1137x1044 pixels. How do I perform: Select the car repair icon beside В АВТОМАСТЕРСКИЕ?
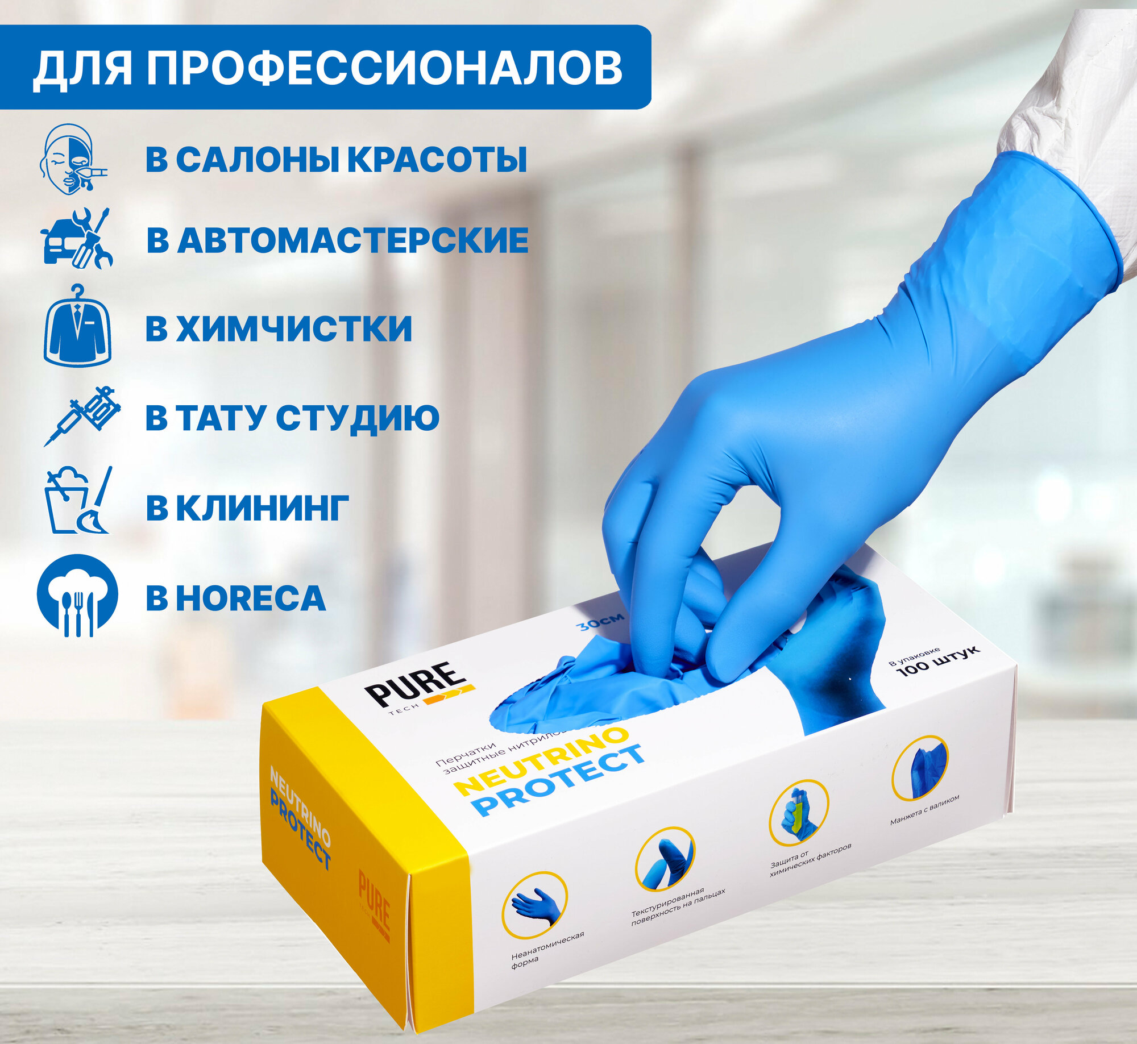(x=77, y=239)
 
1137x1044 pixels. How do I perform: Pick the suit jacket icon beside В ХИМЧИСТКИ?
(x=77, y=327)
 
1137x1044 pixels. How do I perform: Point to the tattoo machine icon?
(x=82, y=415)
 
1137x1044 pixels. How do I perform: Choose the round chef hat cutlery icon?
(x=77, y=595)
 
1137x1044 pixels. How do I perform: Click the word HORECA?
(x=250, y=598)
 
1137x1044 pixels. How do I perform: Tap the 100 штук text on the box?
(x=938, y=662)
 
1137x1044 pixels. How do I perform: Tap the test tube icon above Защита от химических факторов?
(x=798, y=813)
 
